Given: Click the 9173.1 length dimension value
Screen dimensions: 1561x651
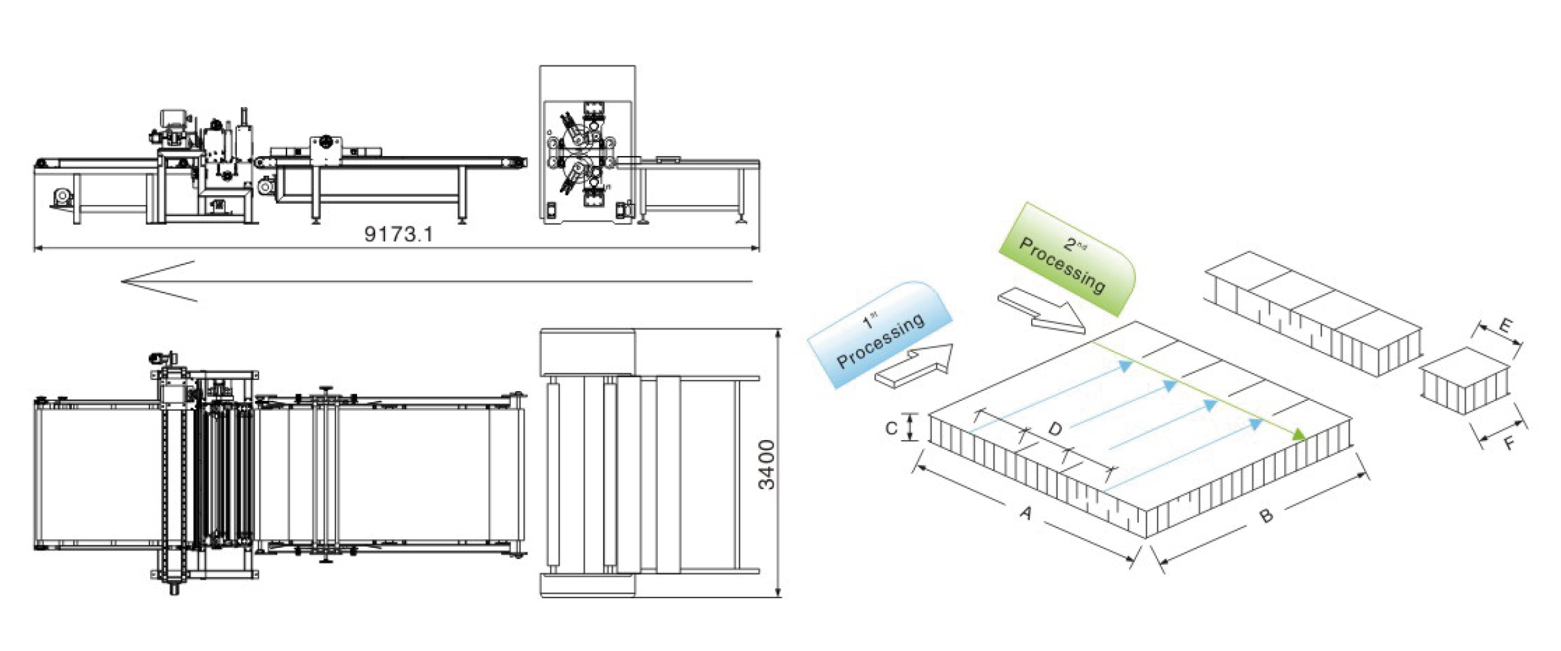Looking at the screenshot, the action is point(398,234).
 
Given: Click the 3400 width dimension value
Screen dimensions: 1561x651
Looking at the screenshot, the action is point(767,464).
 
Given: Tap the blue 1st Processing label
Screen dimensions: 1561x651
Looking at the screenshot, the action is point(880,334).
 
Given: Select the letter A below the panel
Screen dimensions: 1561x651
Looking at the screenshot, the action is point(1026,513).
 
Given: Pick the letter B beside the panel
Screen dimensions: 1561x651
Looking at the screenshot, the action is point(1266,516).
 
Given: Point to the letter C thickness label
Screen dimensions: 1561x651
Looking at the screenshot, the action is point(891,428).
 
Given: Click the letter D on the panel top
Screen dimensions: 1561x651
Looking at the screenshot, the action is point(1055,428).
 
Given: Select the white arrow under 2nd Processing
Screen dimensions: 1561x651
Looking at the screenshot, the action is point(1042,310).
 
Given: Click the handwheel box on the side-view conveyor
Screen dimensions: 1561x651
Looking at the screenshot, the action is point(325,151).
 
